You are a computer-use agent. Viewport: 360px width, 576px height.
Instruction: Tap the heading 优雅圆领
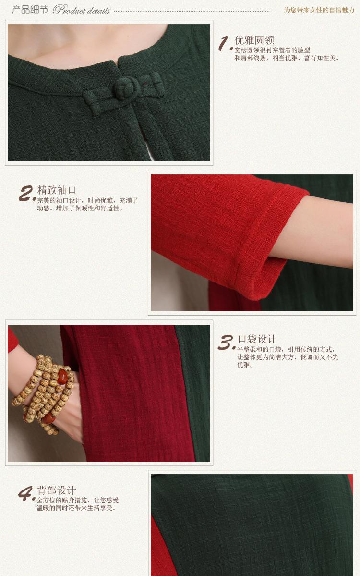(254, 40)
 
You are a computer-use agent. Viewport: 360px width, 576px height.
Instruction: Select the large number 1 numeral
(225, 44)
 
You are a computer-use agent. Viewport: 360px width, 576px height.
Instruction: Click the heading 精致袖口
(57, 190)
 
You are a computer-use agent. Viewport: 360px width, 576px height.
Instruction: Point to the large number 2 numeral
(27, 193)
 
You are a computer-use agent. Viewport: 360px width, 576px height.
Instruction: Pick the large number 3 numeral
(226, 343)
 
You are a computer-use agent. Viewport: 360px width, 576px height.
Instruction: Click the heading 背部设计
(56, 490)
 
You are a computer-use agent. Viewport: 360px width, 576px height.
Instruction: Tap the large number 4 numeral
(27, 493)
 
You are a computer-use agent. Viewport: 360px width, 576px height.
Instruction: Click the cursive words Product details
(82, 10)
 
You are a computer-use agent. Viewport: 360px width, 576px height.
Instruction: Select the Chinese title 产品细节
(30, 9)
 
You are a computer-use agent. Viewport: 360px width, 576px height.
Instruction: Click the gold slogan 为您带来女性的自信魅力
(319, 10)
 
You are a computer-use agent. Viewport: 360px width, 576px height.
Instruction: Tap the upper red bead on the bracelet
(62, 377)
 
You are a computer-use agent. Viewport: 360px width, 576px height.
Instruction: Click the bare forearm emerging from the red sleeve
(315, 232)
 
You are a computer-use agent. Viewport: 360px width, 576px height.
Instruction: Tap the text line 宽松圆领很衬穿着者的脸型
(272, 50)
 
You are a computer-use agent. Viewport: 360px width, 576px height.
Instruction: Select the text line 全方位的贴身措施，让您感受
(78, 500)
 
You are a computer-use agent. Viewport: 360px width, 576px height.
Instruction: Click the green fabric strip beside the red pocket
(192, 393)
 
